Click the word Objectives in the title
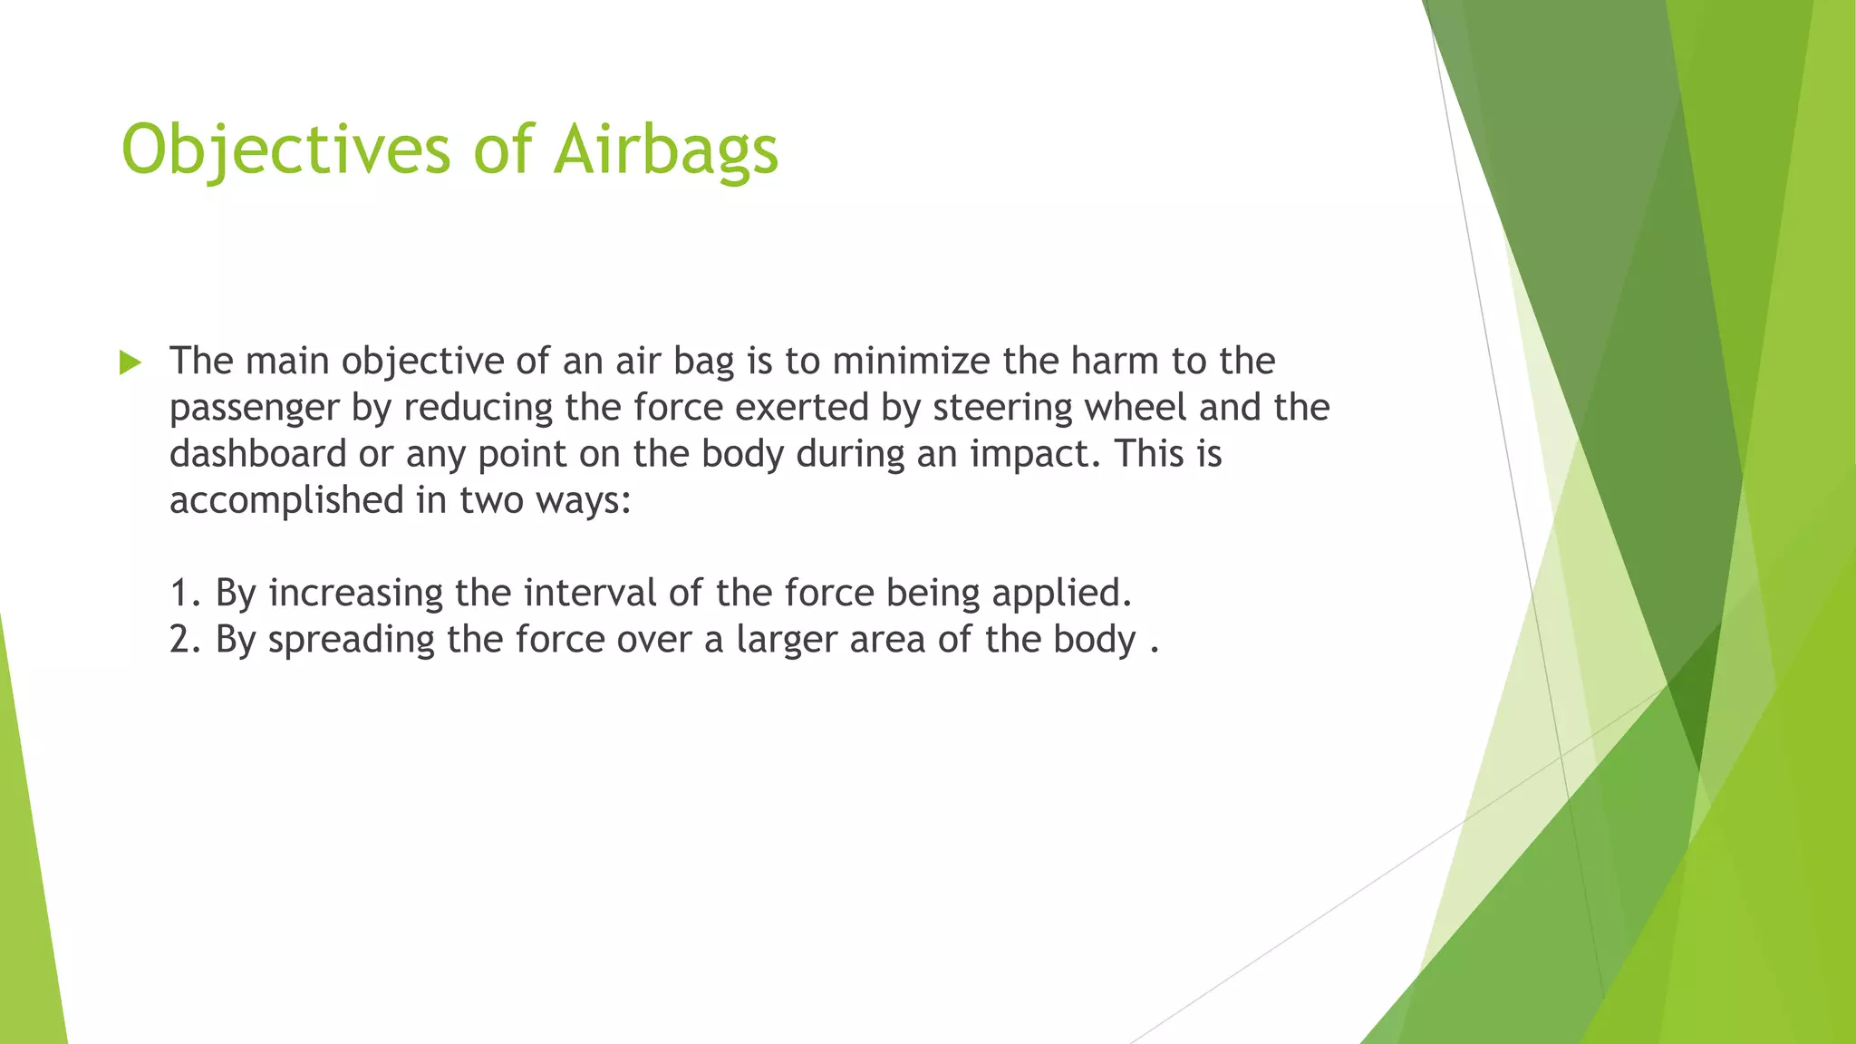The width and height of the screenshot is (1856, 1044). pos(285,150)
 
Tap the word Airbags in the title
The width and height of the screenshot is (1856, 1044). pos(666,150)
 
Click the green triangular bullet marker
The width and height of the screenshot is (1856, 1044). pos(130,363)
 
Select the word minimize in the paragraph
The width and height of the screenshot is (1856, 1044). pos(911,361)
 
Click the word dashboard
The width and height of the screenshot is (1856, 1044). pos(258,453)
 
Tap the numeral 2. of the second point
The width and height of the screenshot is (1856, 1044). pos(185,640)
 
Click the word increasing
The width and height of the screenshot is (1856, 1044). pos(356,594)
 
